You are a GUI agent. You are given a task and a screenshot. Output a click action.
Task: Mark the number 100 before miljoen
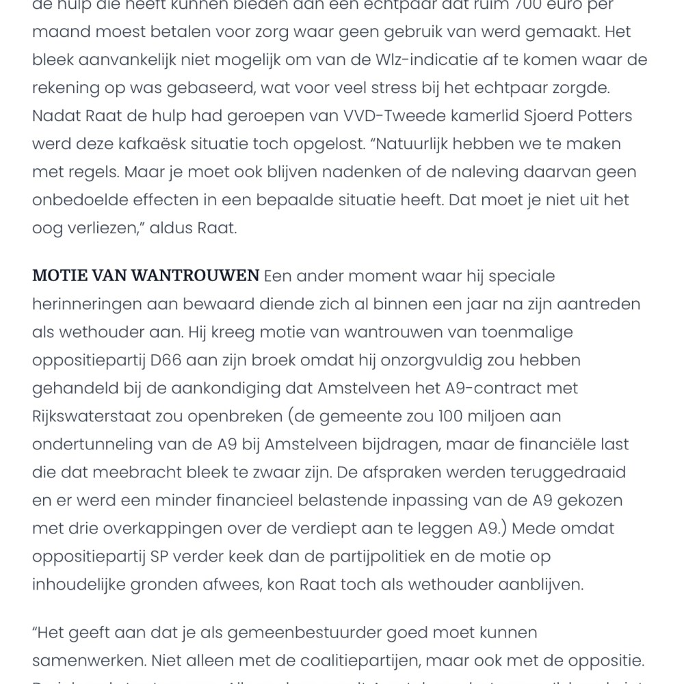(444, 417)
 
